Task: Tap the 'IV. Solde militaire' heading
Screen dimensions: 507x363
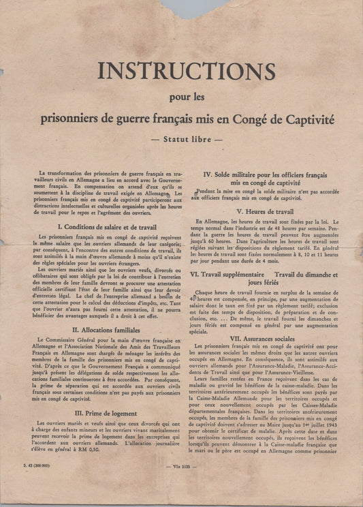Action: (257, 175)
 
